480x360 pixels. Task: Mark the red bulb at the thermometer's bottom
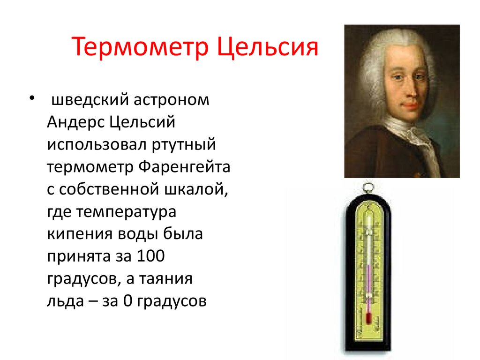(x=368, y=320)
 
